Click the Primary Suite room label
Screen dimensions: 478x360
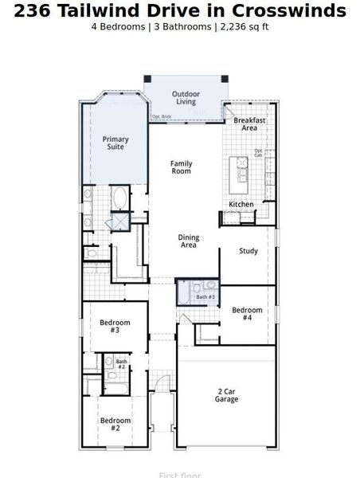pos(116,143)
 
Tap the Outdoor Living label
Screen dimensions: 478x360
pos(186,98)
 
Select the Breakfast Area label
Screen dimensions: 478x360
pos(248,124)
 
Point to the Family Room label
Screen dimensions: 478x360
pos(182,167)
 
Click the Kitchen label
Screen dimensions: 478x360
pos(241,205)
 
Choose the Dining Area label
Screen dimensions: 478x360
pos(188,241)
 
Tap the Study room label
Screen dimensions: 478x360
pos(248,252)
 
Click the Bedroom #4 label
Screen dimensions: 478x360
pos(247,313)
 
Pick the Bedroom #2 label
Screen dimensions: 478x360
pos(115,424)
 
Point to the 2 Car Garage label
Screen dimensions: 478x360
pos(227,395)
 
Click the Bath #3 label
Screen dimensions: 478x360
pos(205,297)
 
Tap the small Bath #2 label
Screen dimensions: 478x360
pos(121,364)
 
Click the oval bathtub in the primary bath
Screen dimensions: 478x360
pos(119,198)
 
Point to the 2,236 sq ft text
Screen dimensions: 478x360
pos(243,26)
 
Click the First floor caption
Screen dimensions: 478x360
pos(180,476)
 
